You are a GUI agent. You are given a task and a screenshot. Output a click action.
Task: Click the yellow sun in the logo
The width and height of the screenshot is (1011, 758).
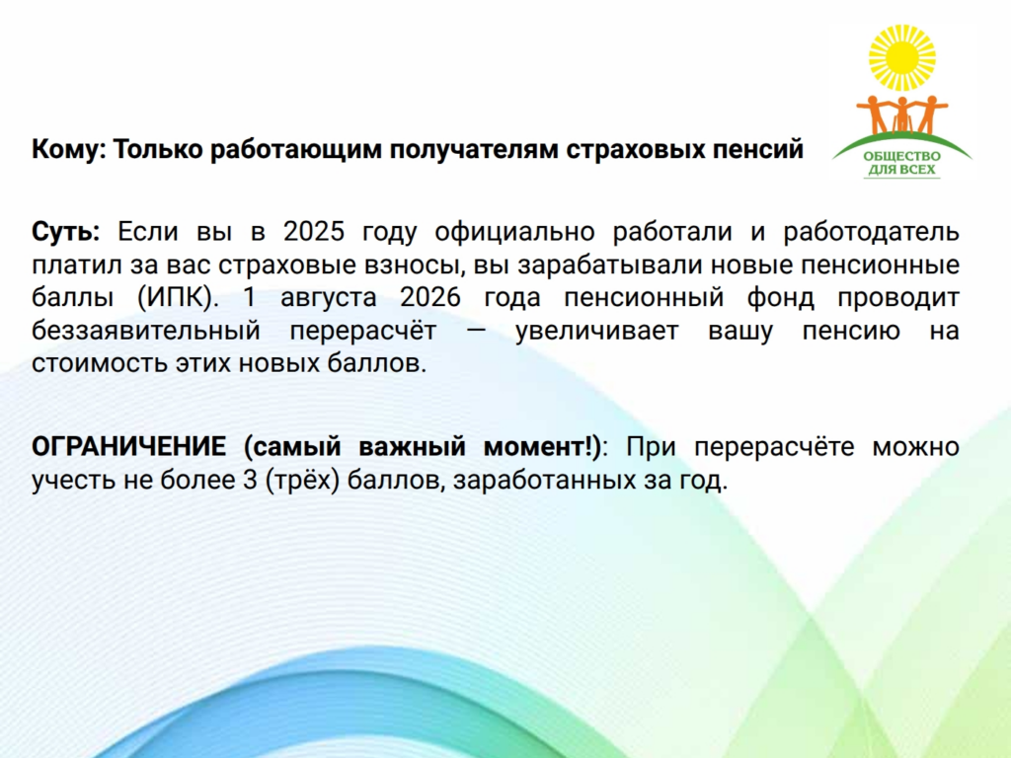coord(901,57)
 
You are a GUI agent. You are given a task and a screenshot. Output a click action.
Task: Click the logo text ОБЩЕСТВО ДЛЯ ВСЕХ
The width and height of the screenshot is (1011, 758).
coord(901,163)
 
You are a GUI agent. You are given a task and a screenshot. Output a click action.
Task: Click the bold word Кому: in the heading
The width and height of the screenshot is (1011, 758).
coord(69,150)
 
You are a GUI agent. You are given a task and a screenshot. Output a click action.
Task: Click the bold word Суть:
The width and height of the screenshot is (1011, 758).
coord(66,231)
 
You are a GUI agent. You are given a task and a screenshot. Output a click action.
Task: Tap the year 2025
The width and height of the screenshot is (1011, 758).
coord(314,231)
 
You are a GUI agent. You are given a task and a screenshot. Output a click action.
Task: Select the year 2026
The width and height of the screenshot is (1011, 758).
coord(430,298)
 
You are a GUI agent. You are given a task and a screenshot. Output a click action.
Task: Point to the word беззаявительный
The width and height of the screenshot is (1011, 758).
coord(146,331)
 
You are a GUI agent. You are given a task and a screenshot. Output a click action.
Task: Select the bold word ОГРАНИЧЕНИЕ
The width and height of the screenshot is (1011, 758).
coord(129,447)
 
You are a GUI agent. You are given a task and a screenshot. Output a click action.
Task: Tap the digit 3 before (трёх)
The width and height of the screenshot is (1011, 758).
coord(250,481)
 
